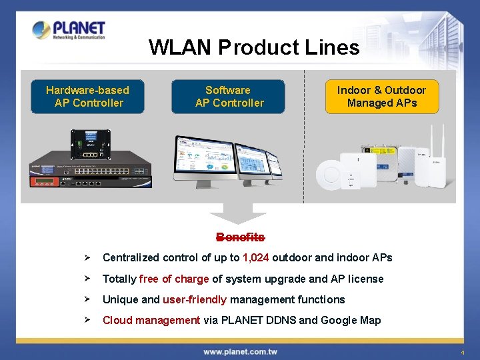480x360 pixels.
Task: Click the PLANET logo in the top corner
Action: (69, 30)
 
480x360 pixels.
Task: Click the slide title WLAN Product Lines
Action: (254, 47)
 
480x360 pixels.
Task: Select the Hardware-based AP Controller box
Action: (87, 97)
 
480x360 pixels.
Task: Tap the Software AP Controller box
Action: (229, 97)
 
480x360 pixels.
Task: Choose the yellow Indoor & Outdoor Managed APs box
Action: (381, 97)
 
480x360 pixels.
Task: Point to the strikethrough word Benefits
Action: (240, 237)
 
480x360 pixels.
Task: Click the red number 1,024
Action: (256, 258)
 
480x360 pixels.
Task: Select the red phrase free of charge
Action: (174, 279)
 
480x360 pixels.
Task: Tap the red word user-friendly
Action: (195, 299)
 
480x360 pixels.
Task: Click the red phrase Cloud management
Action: (151, 320)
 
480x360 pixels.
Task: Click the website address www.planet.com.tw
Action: (240, 351)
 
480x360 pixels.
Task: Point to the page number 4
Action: (461, 352)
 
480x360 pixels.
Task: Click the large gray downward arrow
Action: (237, 215)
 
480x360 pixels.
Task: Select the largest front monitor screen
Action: (203, 160)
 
